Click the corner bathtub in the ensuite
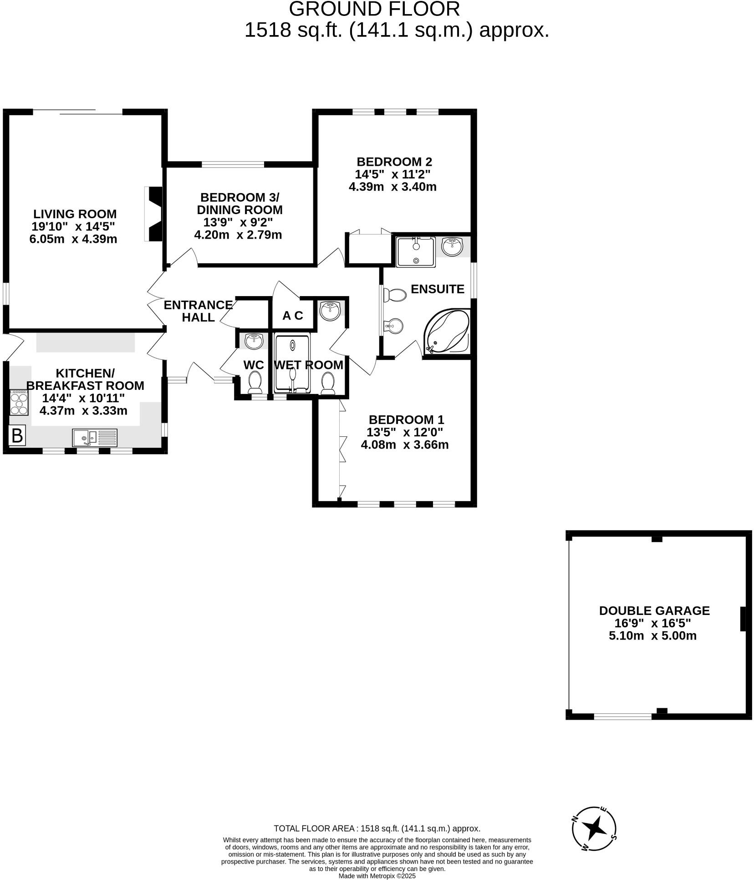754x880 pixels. click(446, 331)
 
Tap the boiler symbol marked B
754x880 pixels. click(17, 436)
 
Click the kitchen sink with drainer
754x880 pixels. click(95, 438)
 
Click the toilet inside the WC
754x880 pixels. click(255, 381)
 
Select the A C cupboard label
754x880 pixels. click(292, 316)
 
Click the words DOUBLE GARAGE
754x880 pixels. click(654, 610)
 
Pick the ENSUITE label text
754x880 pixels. click(437, 289)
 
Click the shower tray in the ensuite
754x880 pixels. click(415, 251)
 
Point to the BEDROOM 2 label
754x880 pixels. click(394, 162)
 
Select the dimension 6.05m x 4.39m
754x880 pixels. click(73, 239)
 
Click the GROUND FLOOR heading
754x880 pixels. click(374, 9)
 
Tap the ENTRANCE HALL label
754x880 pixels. click(198, 311)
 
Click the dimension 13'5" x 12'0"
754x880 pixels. click(404, 432)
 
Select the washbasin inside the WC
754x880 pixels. click(254, 340)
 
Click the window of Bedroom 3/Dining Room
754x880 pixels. click(233, 164)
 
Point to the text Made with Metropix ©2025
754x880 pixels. click(377, 875)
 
